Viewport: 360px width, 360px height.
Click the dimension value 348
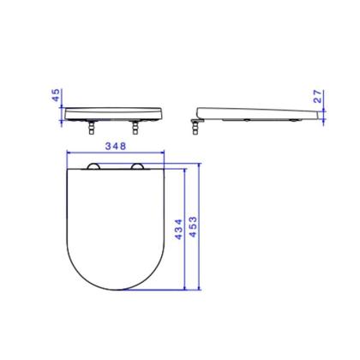pos(114,145)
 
